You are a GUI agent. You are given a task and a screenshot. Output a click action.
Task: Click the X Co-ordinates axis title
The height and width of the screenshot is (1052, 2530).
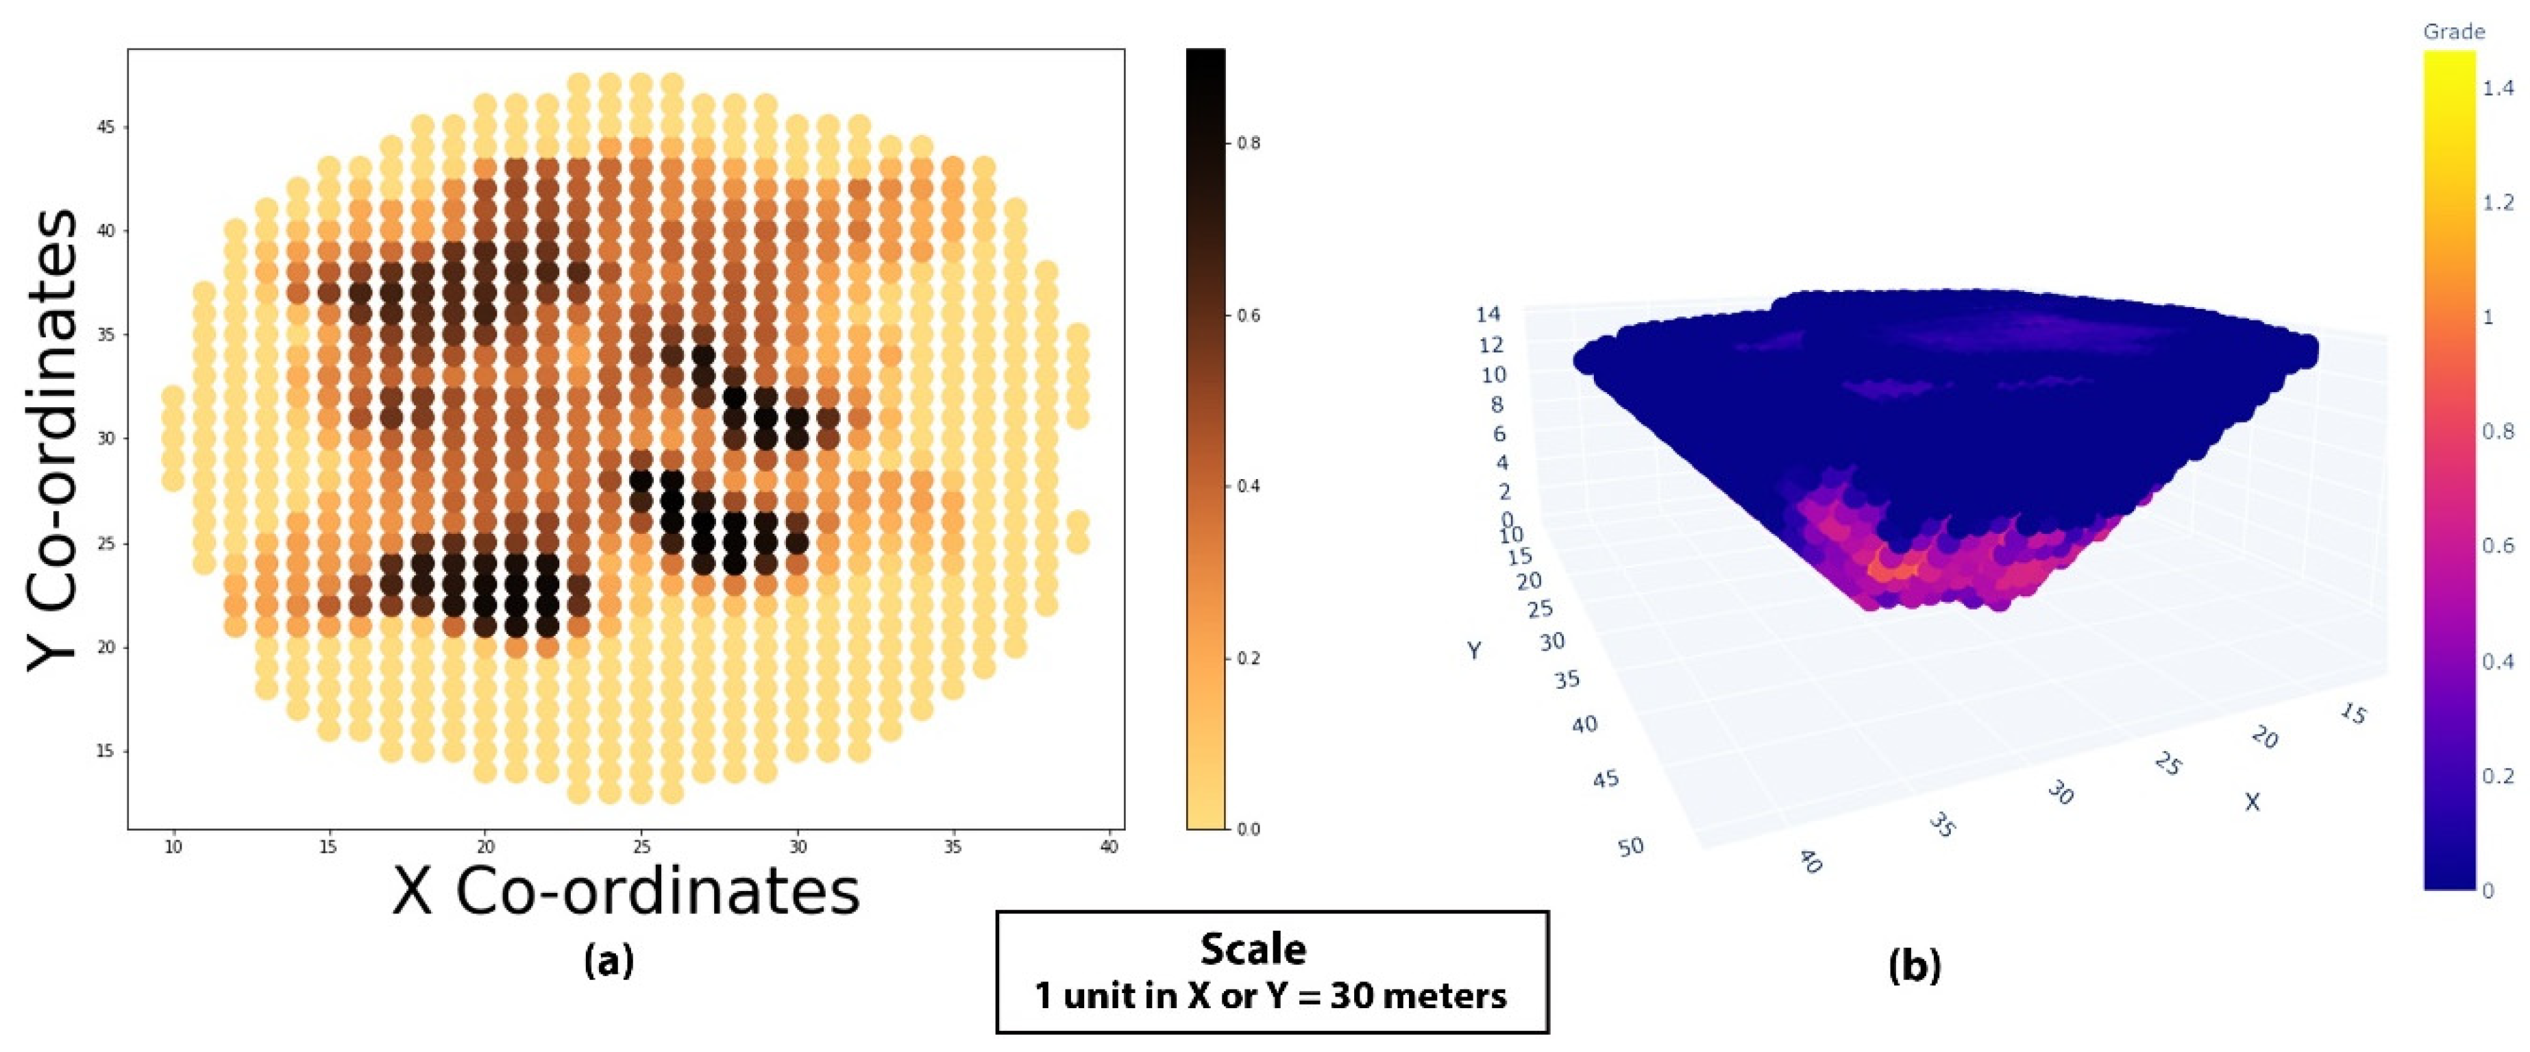tap(626, 892)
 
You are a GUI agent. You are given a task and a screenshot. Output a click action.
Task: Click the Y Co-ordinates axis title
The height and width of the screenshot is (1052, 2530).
tap(51, 439)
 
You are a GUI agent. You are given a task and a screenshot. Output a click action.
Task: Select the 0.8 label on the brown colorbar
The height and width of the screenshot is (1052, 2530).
tap(1249, 143)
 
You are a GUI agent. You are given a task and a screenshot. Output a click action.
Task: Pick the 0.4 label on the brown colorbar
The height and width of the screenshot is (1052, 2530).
tap(1249, 486)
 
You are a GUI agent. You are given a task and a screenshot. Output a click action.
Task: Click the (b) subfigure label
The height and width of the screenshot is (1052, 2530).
tap(1914, 966)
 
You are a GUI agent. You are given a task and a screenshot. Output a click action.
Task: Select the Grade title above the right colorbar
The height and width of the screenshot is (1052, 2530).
tap(2453, 32)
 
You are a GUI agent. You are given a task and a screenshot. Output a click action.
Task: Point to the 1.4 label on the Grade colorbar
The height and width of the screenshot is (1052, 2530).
tap(2498, 88)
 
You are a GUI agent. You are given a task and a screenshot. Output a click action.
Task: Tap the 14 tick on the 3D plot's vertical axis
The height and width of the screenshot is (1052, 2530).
tap(1488, 315)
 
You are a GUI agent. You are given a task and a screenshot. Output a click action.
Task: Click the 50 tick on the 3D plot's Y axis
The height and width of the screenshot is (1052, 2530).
tap(1630, 846)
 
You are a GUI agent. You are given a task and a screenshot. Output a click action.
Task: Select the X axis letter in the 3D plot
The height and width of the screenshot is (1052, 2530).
tap(2252, 803)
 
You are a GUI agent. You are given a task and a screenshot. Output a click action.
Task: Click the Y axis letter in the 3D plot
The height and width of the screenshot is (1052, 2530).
tap(1473, 650)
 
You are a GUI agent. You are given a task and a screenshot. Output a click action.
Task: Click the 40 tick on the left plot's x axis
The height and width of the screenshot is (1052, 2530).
tap(1109, 846)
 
